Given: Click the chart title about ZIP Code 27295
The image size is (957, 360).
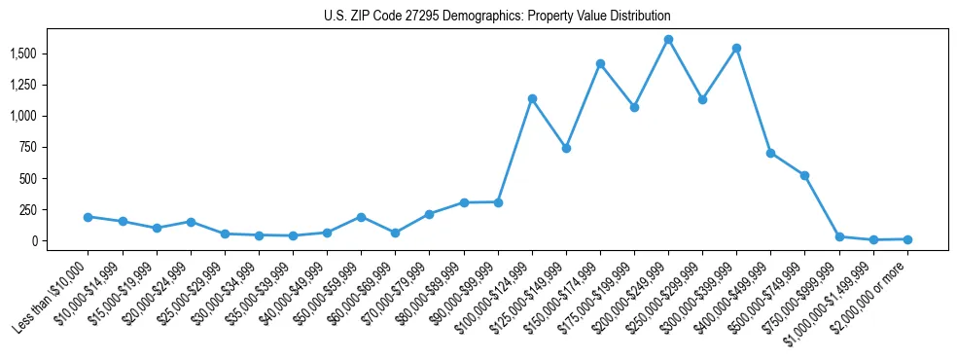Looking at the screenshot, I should click(497, 17).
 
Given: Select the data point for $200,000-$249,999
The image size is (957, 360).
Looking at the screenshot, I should click(668, 40).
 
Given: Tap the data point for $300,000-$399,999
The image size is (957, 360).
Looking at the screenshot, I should click(736, 48).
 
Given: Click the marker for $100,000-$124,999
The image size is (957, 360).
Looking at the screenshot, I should click(532, 98).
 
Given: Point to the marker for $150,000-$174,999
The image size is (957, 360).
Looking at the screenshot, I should click(600, 64).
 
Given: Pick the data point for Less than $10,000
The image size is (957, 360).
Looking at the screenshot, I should click(89, 217).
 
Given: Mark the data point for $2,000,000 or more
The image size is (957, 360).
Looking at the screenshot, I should click(907, 239).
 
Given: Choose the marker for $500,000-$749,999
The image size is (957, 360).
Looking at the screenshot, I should click(804, 175).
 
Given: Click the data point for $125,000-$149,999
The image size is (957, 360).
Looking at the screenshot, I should click(566, 148).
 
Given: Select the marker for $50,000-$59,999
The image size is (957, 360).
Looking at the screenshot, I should click(361, 217).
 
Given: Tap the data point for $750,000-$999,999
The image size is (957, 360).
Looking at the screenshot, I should click(838, 236).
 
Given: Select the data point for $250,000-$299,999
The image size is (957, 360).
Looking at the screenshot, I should click(702, 99).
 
